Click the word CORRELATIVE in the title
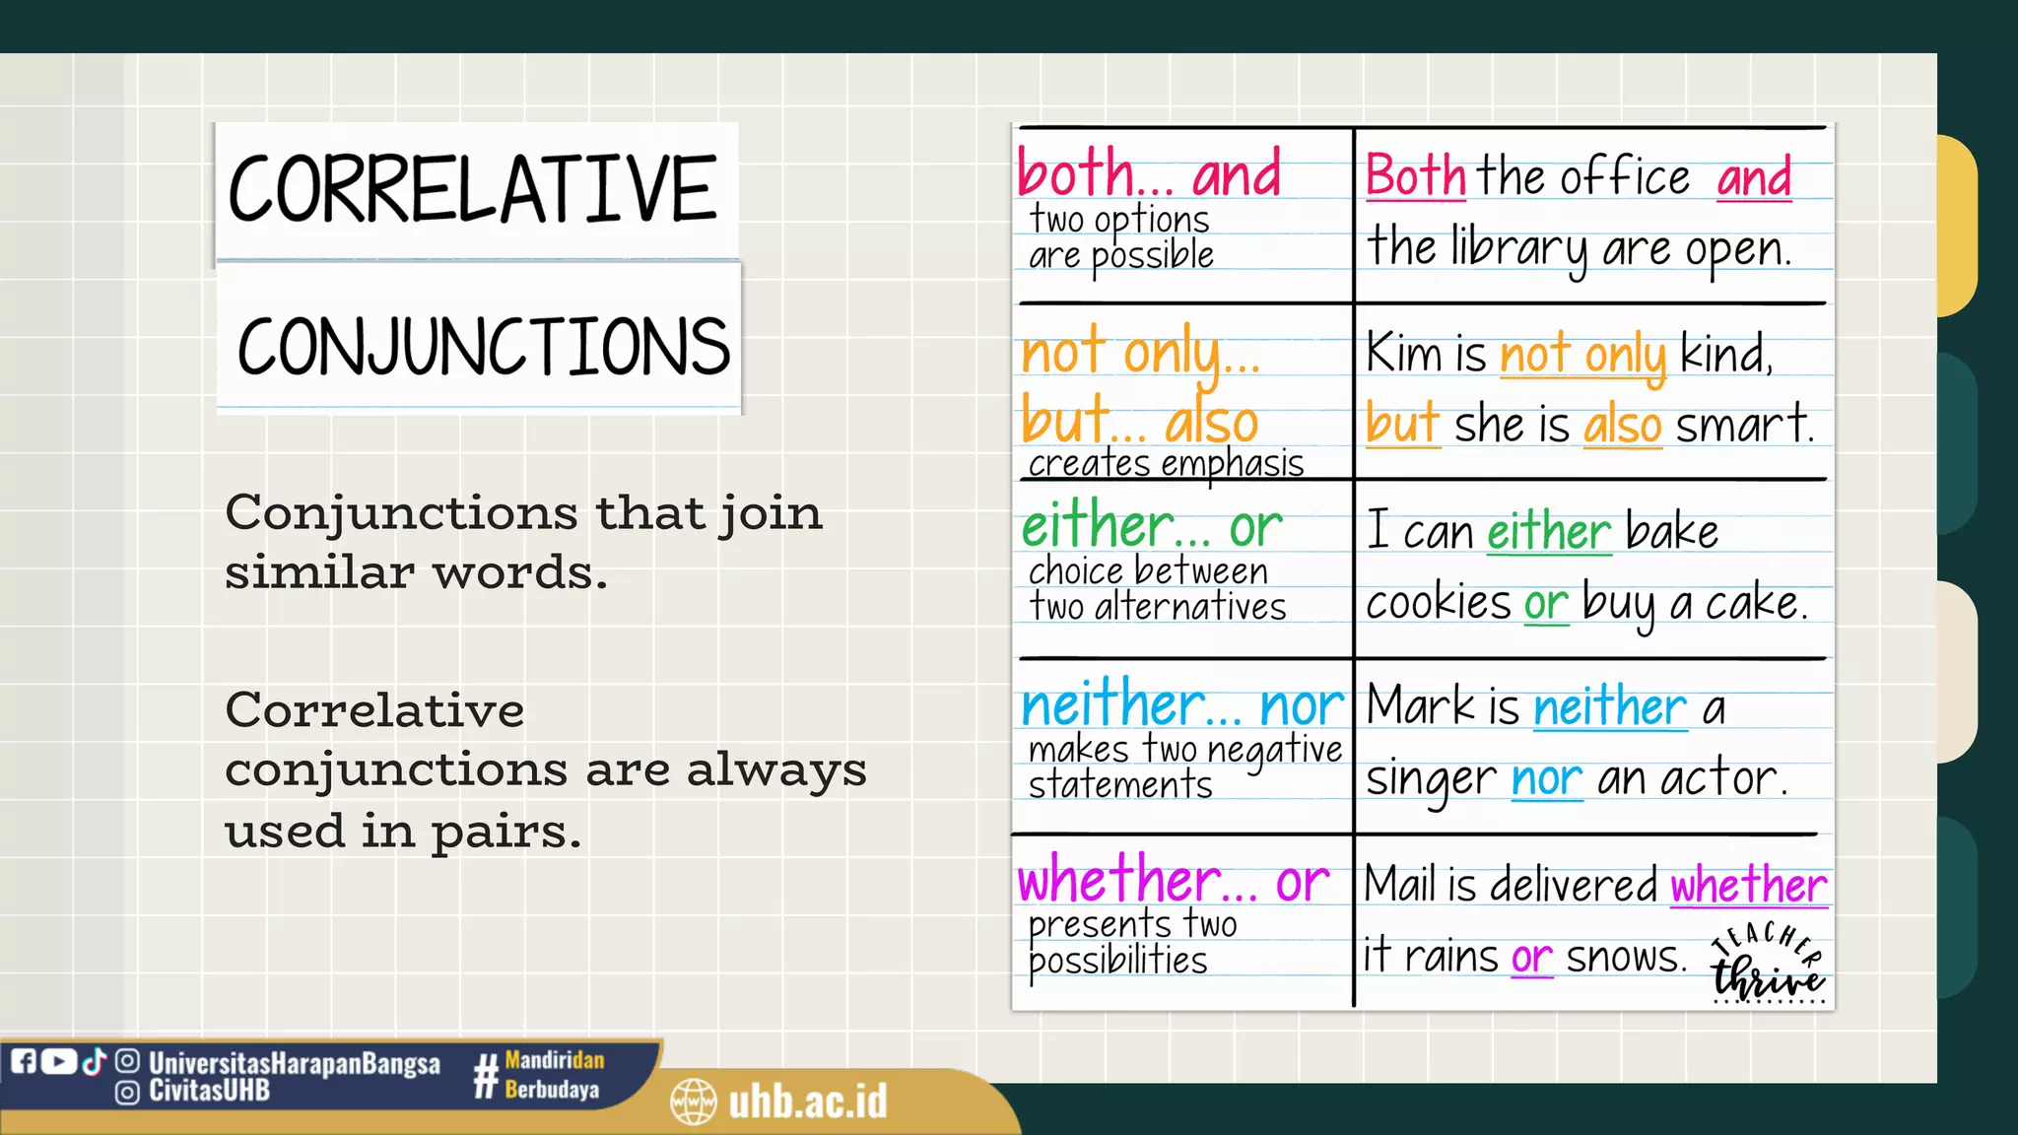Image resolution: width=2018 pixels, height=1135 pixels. click(x=473, y=189)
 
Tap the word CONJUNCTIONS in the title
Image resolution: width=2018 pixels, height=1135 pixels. click(x=483, y=347)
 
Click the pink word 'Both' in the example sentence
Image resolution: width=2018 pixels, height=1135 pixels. click(x=1415, y=177)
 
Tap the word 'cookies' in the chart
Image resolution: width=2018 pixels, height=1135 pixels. click(x=1437, y=602)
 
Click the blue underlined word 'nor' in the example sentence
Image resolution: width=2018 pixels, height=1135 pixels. click(x=1546, y=778)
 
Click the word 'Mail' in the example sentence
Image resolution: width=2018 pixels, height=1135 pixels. click(x=1399, y=884)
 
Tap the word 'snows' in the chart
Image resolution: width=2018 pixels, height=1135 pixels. click(x=1626, y=957)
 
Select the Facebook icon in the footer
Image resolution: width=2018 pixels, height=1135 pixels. click(x=24, y=1061)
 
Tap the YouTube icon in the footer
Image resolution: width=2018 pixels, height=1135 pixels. click(x=58, y=1061)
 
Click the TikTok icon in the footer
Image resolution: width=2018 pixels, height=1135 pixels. click(x=94, y=1061)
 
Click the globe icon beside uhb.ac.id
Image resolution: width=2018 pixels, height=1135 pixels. click(x=693, y=1102)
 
